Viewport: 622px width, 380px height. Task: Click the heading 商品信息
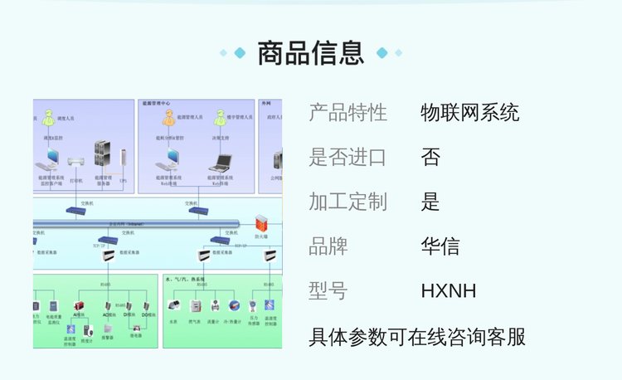[311, 53]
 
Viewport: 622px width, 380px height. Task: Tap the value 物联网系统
[470, 113]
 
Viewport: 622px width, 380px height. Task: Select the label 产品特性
[347, 113]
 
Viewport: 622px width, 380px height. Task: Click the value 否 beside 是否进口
[430, 158]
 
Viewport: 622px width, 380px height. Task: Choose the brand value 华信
[440, 246]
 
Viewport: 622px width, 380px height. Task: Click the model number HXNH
[449, 291]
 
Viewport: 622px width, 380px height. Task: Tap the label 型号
[328, 291]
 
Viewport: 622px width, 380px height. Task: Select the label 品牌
[328, 246]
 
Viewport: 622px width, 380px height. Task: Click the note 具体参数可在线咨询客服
[417, 337]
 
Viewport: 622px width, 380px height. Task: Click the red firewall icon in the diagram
[261, 222]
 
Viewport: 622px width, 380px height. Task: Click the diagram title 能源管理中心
[155, 104]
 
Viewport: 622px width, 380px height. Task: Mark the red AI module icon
[80, 306]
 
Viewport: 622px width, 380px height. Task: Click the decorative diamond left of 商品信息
[240, 53]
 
